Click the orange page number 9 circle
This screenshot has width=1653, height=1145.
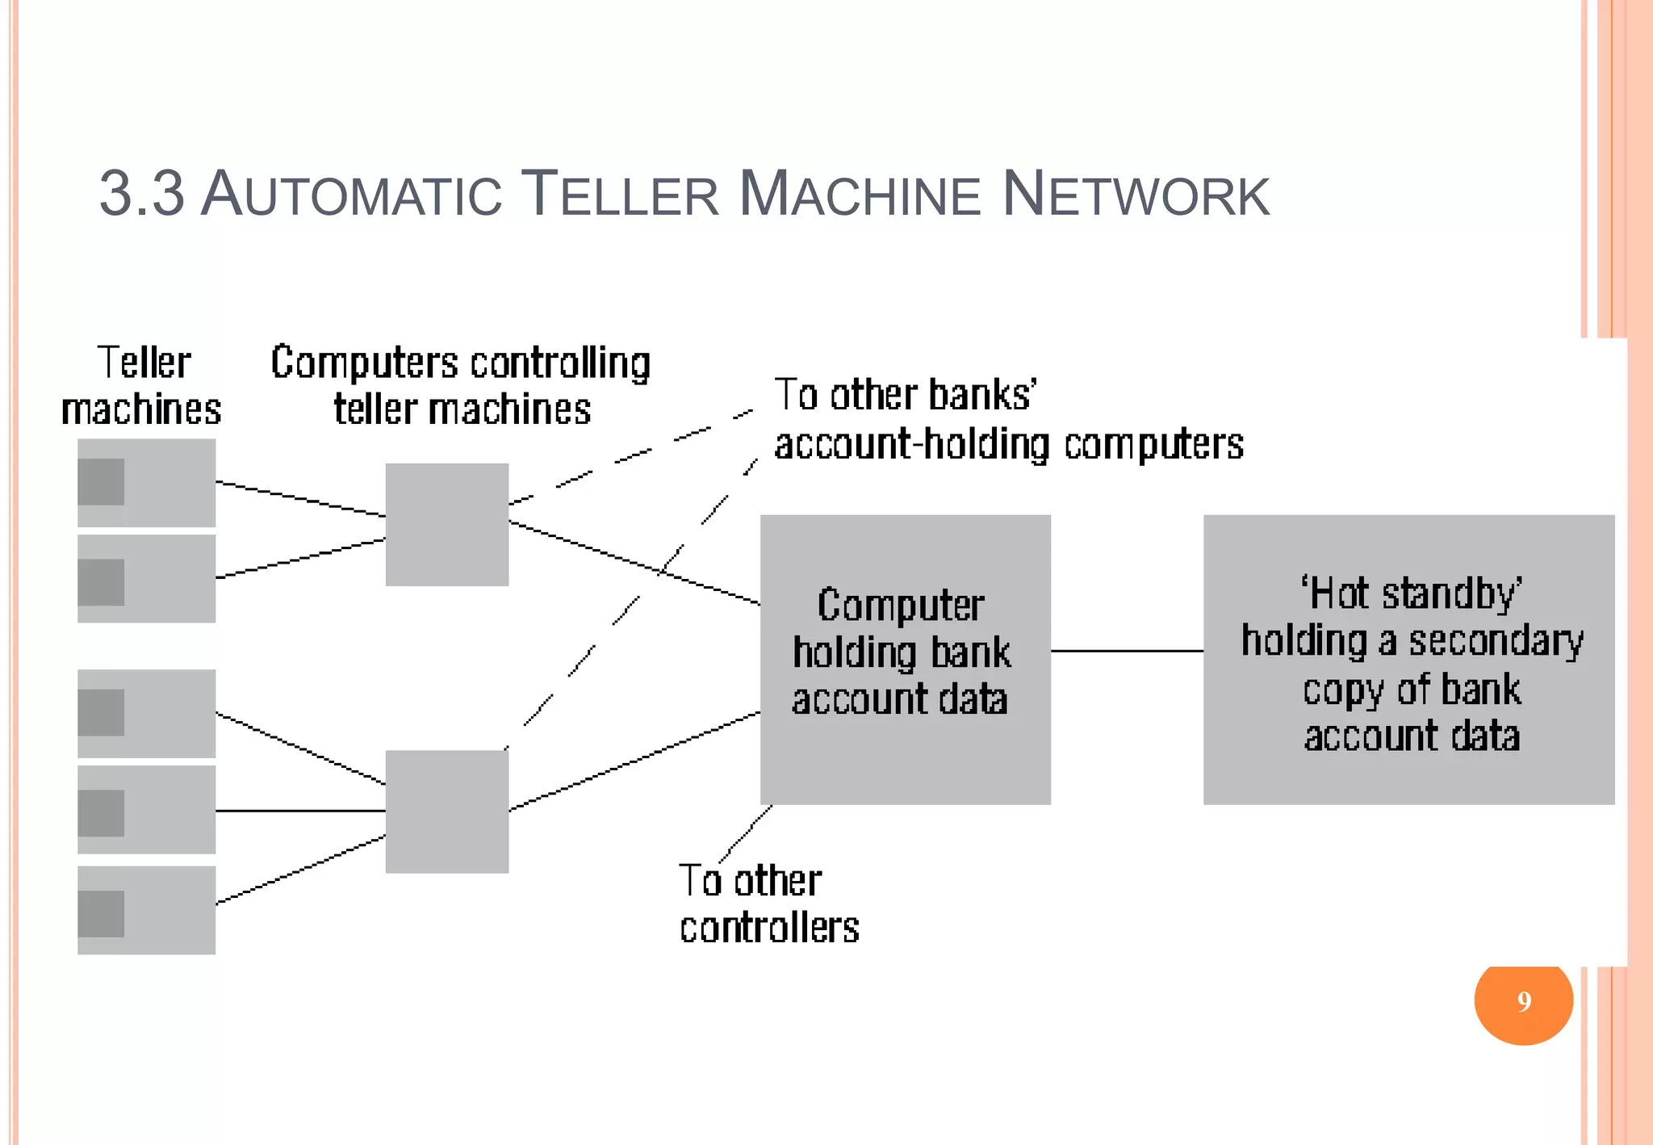(1523, 1001)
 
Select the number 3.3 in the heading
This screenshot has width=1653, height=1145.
(141, 195)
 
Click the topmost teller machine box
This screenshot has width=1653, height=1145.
(146, 482)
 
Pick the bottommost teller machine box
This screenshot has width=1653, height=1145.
(146, 910)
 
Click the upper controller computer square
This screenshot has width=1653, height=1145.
(446, 524)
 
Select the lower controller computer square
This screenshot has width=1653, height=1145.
(446, 812)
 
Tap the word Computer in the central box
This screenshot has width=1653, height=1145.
(900, 606)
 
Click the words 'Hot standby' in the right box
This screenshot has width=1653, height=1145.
(1410, 593)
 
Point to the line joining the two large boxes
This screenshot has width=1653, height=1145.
(1127, 650)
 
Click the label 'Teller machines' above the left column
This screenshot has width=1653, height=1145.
(142, 385)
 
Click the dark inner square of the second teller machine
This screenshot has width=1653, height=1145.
(101, 582)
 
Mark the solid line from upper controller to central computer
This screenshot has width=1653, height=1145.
(634, 563)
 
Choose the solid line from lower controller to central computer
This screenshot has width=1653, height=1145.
(634, 761)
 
